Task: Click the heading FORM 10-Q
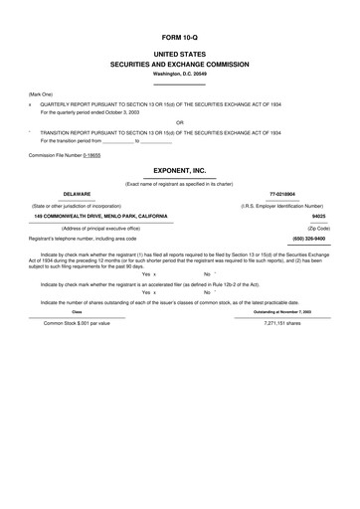click(180, 37)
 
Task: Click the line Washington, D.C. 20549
click(180, 74)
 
